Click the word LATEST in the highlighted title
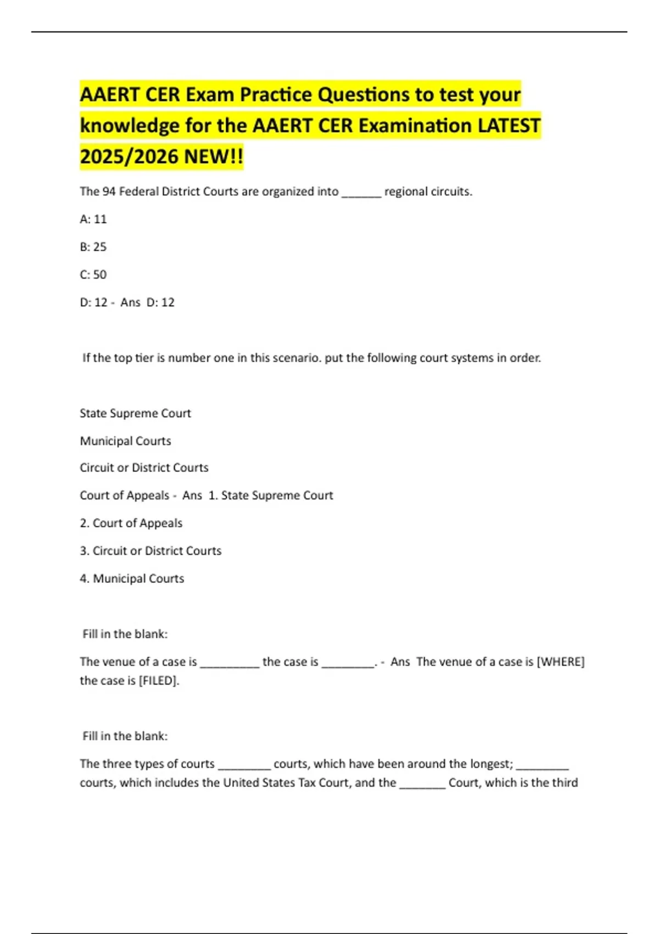pyautogui.click(x=508, y=126)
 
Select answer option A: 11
pyautogui.click(x=93, y=219)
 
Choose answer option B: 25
pyautogui.click(x=93, y=247)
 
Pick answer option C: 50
pyautogui.click(x=93, y=275)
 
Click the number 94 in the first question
pyautogui.click(x=109, y=192)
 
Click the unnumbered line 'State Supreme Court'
pyautogui.click(x=135, y=413)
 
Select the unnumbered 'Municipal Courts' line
pyautogui.click(x=125, y=441)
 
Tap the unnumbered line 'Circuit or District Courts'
pyautogui.click(x=144, y=468)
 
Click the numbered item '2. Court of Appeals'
pyautogui.click(x=131, y=523)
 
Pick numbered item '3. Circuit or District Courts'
pyautogui.click(x=150, y=551)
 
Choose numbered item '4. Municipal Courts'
pyautogui.click(x=132, y=579)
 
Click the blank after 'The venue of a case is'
pyautogui.click(x=230, y=664)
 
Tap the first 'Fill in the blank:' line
pyautogui.click(x=125, y=634)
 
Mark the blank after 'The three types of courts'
pyautogui.click(x=244, y=766)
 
